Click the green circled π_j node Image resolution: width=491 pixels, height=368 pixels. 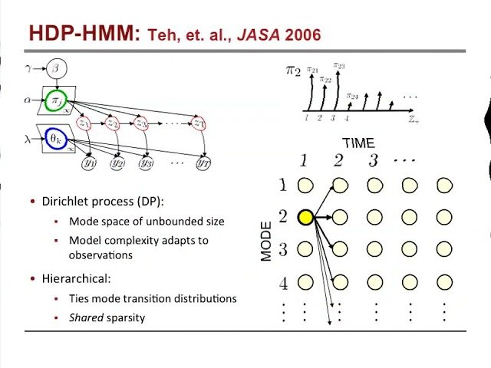click(56, 101)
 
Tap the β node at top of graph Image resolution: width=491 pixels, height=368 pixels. click(56, 70)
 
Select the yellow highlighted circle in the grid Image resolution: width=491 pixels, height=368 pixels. click(305, 218)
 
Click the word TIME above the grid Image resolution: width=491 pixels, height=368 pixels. click(358, 143)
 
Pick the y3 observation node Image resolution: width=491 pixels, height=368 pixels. click(145, 162)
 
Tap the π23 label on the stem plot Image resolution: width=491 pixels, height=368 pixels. click(339, 66)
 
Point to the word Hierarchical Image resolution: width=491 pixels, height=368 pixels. click(75, 279)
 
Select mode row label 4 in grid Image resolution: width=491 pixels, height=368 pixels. click(283, 283)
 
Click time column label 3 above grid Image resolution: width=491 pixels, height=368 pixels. click(374, 160)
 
